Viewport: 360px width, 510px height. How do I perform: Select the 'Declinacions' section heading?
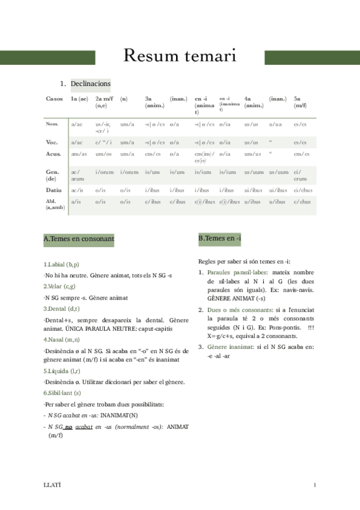90,84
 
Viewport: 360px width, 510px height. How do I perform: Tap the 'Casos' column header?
53,98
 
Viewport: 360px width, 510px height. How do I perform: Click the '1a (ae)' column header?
79,98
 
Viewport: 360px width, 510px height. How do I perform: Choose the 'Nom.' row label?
52,124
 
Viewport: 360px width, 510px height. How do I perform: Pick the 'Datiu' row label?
54,190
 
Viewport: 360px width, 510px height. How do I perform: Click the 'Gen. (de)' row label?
53,175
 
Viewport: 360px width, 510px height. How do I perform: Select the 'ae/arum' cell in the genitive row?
78,175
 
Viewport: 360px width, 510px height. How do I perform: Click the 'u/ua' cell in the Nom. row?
276,124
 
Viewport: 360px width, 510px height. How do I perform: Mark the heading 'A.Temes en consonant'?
79,239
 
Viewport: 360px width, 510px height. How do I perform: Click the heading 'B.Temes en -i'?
219,239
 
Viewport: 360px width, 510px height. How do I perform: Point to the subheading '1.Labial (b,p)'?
61,264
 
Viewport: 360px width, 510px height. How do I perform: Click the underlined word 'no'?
69,426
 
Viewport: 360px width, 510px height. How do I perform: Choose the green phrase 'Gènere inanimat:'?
229,348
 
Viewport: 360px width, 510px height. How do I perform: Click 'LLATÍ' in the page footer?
52,484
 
